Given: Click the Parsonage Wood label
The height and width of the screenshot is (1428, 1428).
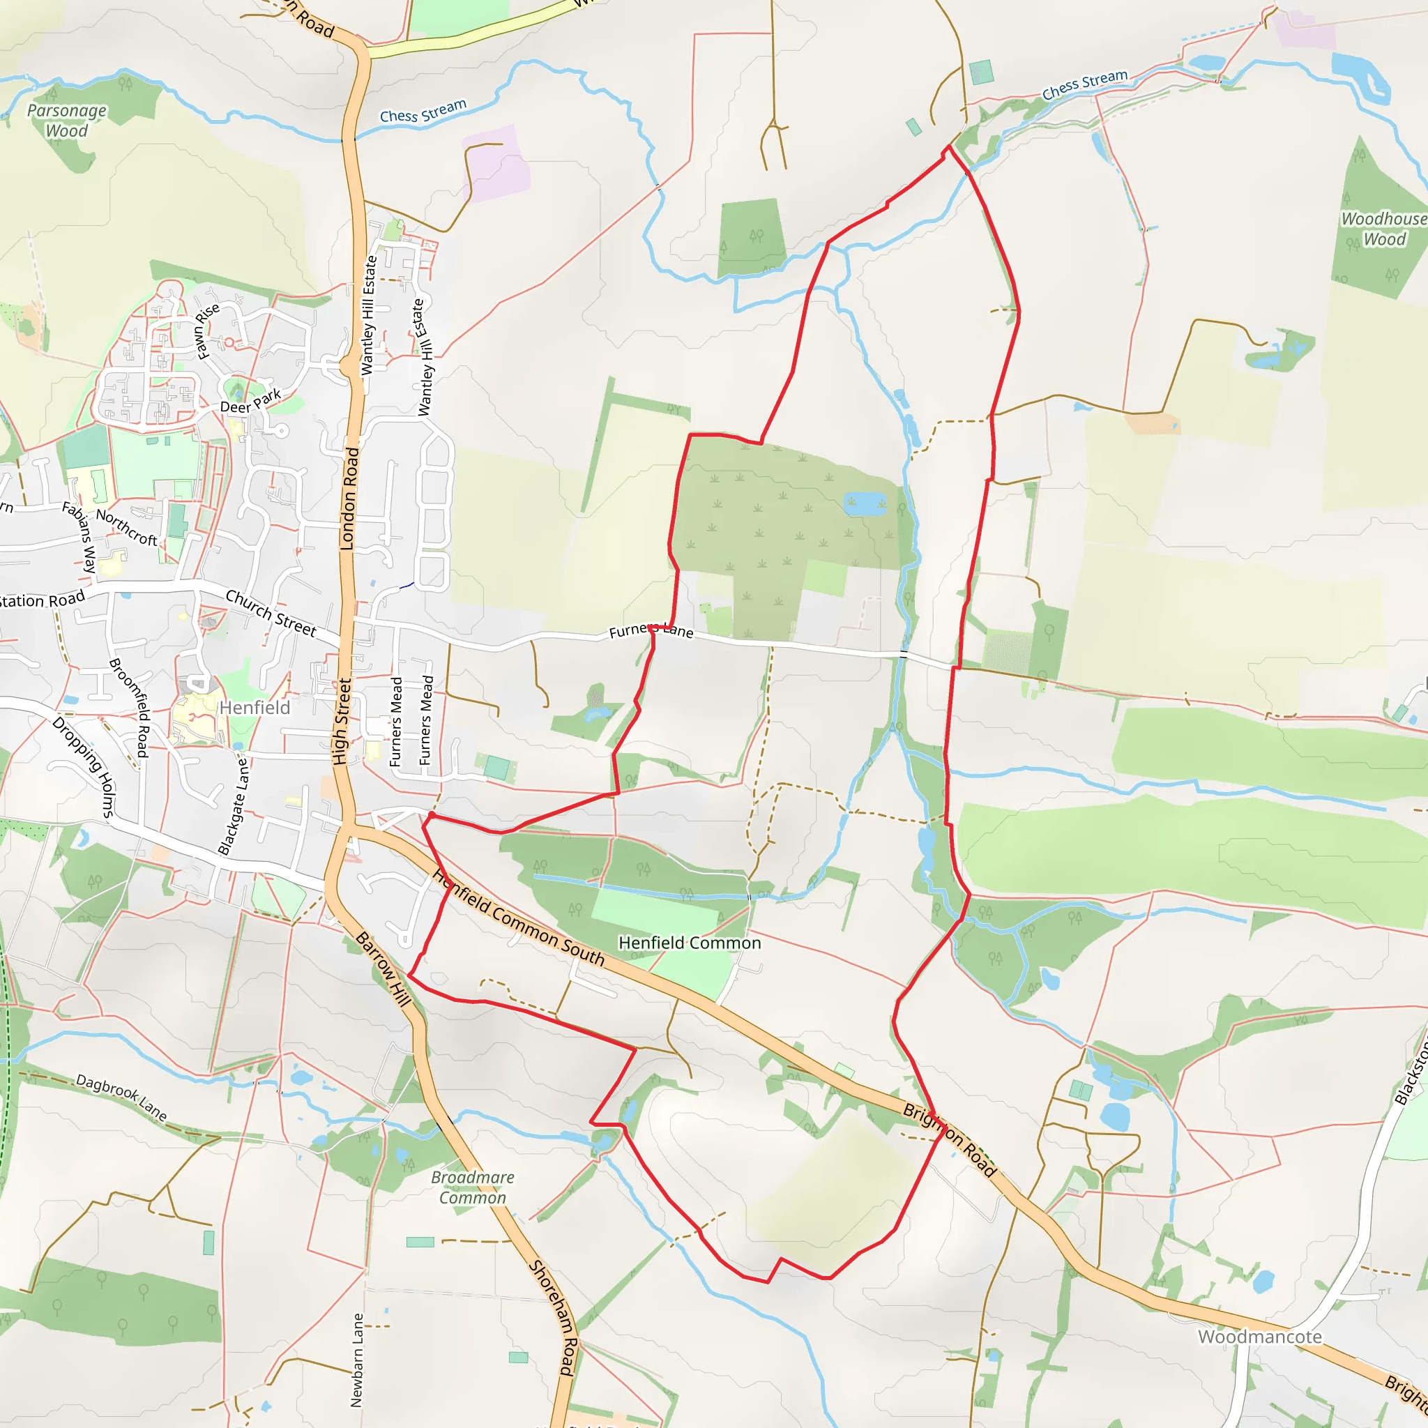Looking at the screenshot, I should (x=66, y=121).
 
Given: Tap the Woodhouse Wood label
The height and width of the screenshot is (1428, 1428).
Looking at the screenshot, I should (x=1383, y=229).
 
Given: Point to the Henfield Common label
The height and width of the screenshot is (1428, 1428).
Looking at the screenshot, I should (x=690, y=943).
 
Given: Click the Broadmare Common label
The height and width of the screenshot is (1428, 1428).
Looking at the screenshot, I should (x=473, y=1187).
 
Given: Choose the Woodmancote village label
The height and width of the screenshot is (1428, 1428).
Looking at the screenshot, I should (x=1260, y=1337).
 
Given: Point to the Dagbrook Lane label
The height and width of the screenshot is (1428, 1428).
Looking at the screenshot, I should (x=122, y=1097).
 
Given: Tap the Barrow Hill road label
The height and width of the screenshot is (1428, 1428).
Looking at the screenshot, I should (x=383, y=969).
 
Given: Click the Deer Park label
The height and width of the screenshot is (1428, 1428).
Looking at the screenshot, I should (x=250, y=402).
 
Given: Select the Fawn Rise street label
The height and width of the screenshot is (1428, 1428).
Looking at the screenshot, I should (x=207, y=331).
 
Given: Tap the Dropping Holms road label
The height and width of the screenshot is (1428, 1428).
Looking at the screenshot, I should (x=84, y=766).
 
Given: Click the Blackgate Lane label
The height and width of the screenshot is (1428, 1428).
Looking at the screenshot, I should (x=234, y=805).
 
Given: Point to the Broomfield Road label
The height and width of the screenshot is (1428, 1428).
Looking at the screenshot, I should (x=130, y=707).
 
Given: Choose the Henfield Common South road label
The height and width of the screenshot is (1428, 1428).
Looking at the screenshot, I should (x=518, y=919).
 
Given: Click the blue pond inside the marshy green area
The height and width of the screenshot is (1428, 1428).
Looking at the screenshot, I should (x=864, y=503).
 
